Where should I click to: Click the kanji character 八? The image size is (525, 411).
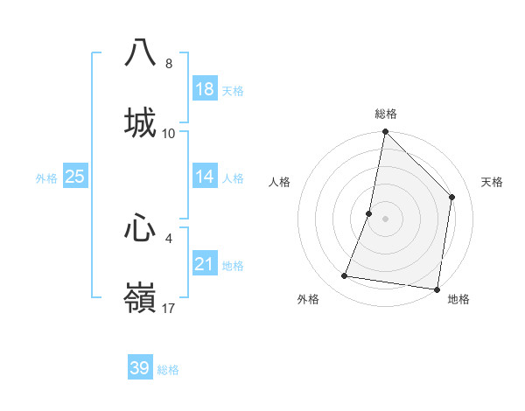click(x=140, y=52)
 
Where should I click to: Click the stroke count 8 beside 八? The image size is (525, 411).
click(x=169, y=64)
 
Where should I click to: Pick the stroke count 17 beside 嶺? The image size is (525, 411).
click(x=169, y=308)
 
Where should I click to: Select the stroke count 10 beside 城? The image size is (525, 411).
click(x=169, y=134)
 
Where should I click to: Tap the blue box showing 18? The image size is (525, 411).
click(x=205, y=89)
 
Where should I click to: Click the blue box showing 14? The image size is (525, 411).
click(x=205, y=177)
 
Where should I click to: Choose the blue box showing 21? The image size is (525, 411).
click(x=205, y=264)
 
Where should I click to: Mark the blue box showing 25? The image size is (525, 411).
click(x=75, y=177)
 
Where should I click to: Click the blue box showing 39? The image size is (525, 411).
click(x=140, y=368)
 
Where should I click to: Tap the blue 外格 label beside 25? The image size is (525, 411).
click(x=46, y=178)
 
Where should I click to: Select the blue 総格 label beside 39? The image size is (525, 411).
click(x=168, y=370)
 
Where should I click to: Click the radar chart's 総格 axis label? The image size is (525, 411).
click(x=386, y=114)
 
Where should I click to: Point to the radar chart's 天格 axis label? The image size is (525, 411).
click(x=492, y=182)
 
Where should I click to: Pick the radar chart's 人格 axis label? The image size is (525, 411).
click(x=280, y=182)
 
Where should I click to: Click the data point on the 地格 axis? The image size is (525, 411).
click(x=437, y=289)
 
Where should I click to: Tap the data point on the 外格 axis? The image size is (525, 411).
click(x=345, y=276)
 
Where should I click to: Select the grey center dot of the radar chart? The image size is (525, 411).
click(x=386, y=219)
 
